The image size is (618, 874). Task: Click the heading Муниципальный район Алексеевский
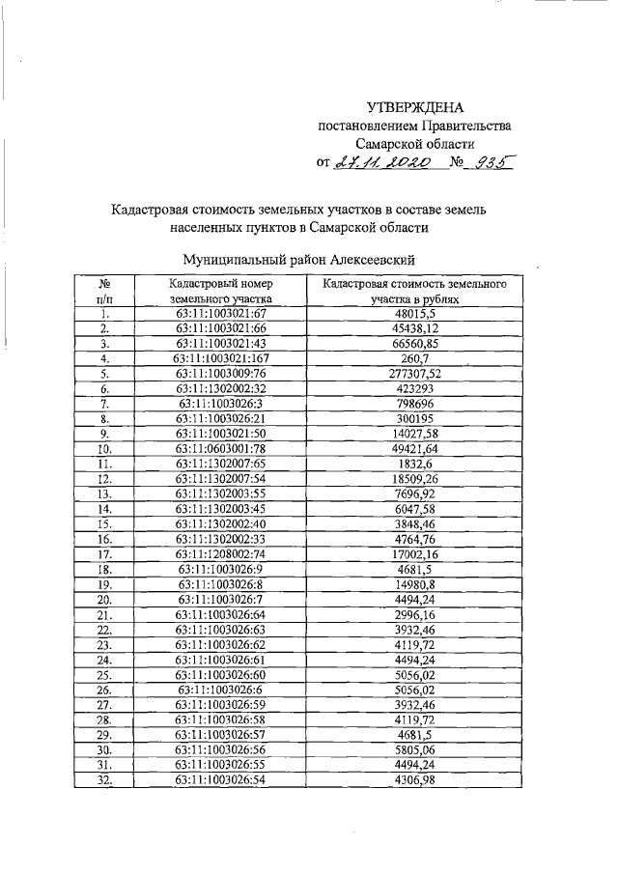click(299, 259)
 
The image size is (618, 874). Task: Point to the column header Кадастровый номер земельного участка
click(221, 292)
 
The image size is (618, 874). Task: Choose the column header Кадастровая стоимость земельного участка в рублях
click(415, 292)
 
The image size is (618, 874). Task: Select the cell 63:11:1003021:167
click(221, 356)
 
